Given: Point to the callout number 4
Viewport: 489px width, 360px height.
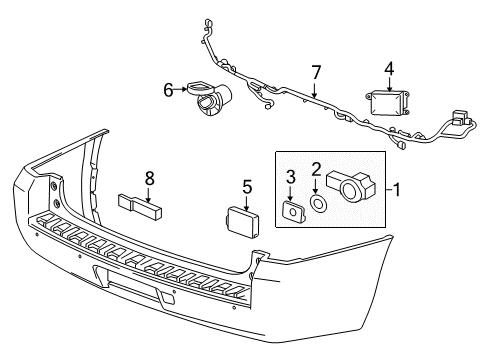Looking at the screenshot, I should (x=389, y=68).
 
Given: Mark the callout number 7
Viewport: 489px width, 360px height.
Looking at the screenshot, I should (x=315, y=72).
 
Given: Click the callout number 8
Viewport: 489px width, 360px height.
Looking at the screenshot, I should (x=149, y=178).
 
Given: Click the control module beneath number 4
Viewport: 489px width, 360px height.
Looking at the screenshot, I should (x=388, y=105).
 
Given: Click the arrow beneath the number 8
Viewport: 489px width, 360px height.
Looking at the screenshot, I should (x=149, y=196).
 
